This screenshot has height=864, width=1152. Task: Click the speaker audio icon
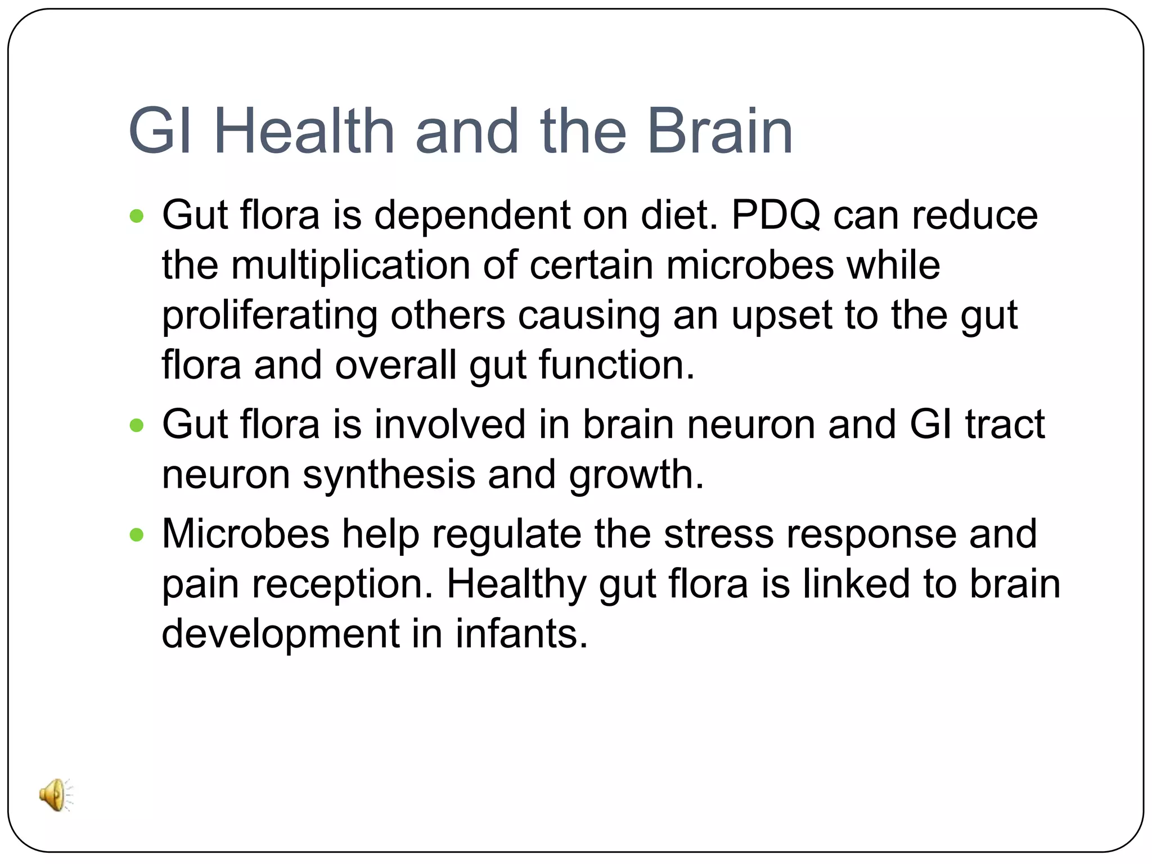(56, 795)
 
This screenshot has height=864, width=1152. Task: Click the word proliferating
(269, 316)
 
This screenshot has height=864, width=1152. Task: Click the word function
(616, 366)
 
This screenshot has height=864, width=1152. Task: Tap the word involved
(450, 424)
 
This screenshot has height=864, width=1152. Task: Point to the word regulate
(506, 534)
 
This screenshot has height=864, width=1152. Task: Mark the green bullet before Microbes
(137, 534)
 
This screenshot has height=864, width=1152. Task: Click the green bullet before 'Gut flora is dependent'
(137, 216)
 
